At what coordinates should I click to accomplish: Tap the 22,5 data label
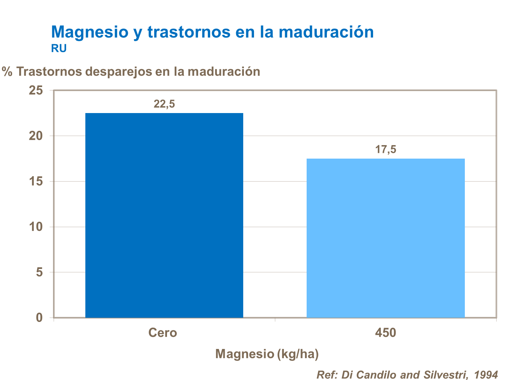(x=164, y=104)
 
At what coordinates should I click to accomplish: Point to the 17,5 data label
(x=386, y=149)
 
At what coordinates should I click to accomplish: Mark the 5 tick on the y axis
(x=39, y=272)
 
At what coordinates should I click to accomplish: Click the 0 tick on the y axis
(x=39, y=318)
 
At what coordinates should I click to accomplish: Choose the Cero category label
(x=163, y=333)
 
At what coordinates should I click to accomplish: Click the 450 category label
(x=386, y=333)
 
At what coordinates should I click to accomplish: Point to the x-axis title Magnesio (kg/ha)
(x=267, y=354)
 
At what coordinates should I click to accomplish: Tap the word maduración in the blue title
(x=326, y=32)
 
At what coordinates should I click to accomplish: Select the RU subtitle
(x=59, y=49)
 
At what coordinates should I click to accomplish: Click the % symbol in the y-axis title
(x=7, y=72)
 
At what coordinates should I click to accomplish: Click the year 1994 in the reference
(x=486, y=375)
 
